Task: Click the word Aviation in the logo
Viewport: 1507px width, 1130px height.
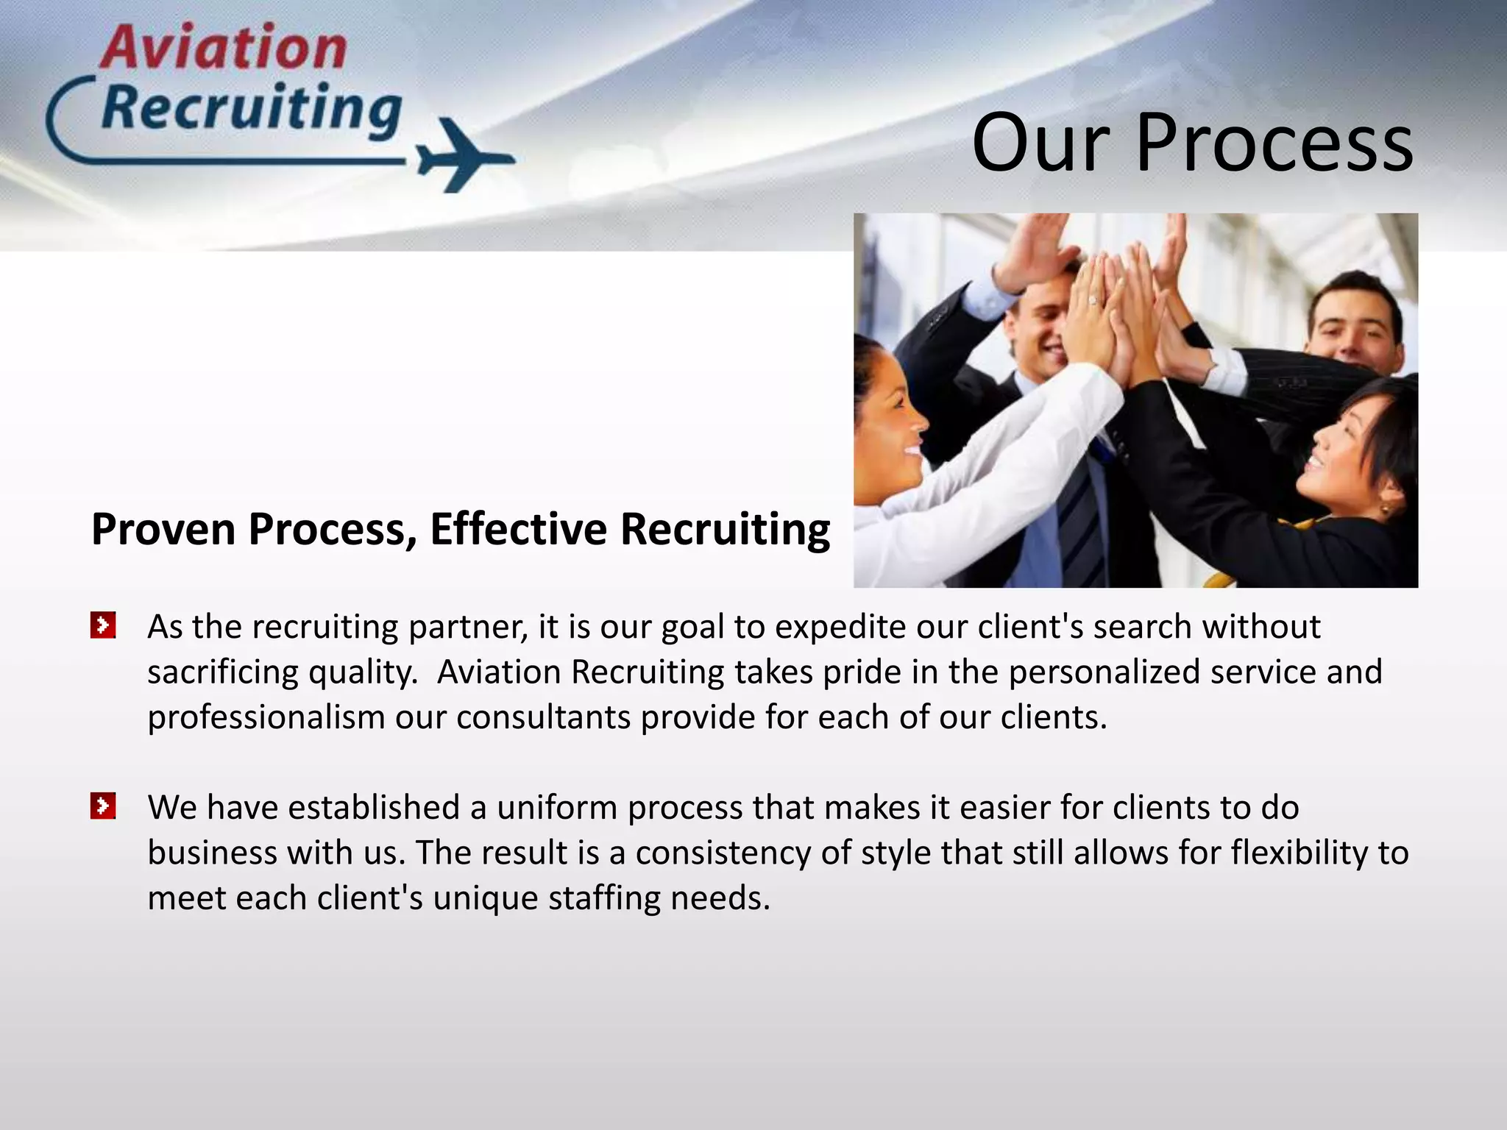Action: [x=224, y=47]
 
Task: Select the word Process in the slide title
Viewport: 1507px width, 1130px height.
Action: [x=1274, y=143]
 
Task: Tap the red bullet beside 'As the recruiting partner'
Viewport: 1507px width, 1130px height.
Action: [x=103, y=626]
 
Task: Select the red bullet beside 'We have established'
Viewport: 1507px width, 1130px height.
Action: [x=103, y=806]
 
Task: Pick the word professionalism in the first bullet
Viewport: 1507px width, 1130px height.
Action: [x=266, y=717]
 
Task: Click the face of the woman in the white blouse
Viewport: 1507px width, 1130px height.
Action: [x=890, y=427]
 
